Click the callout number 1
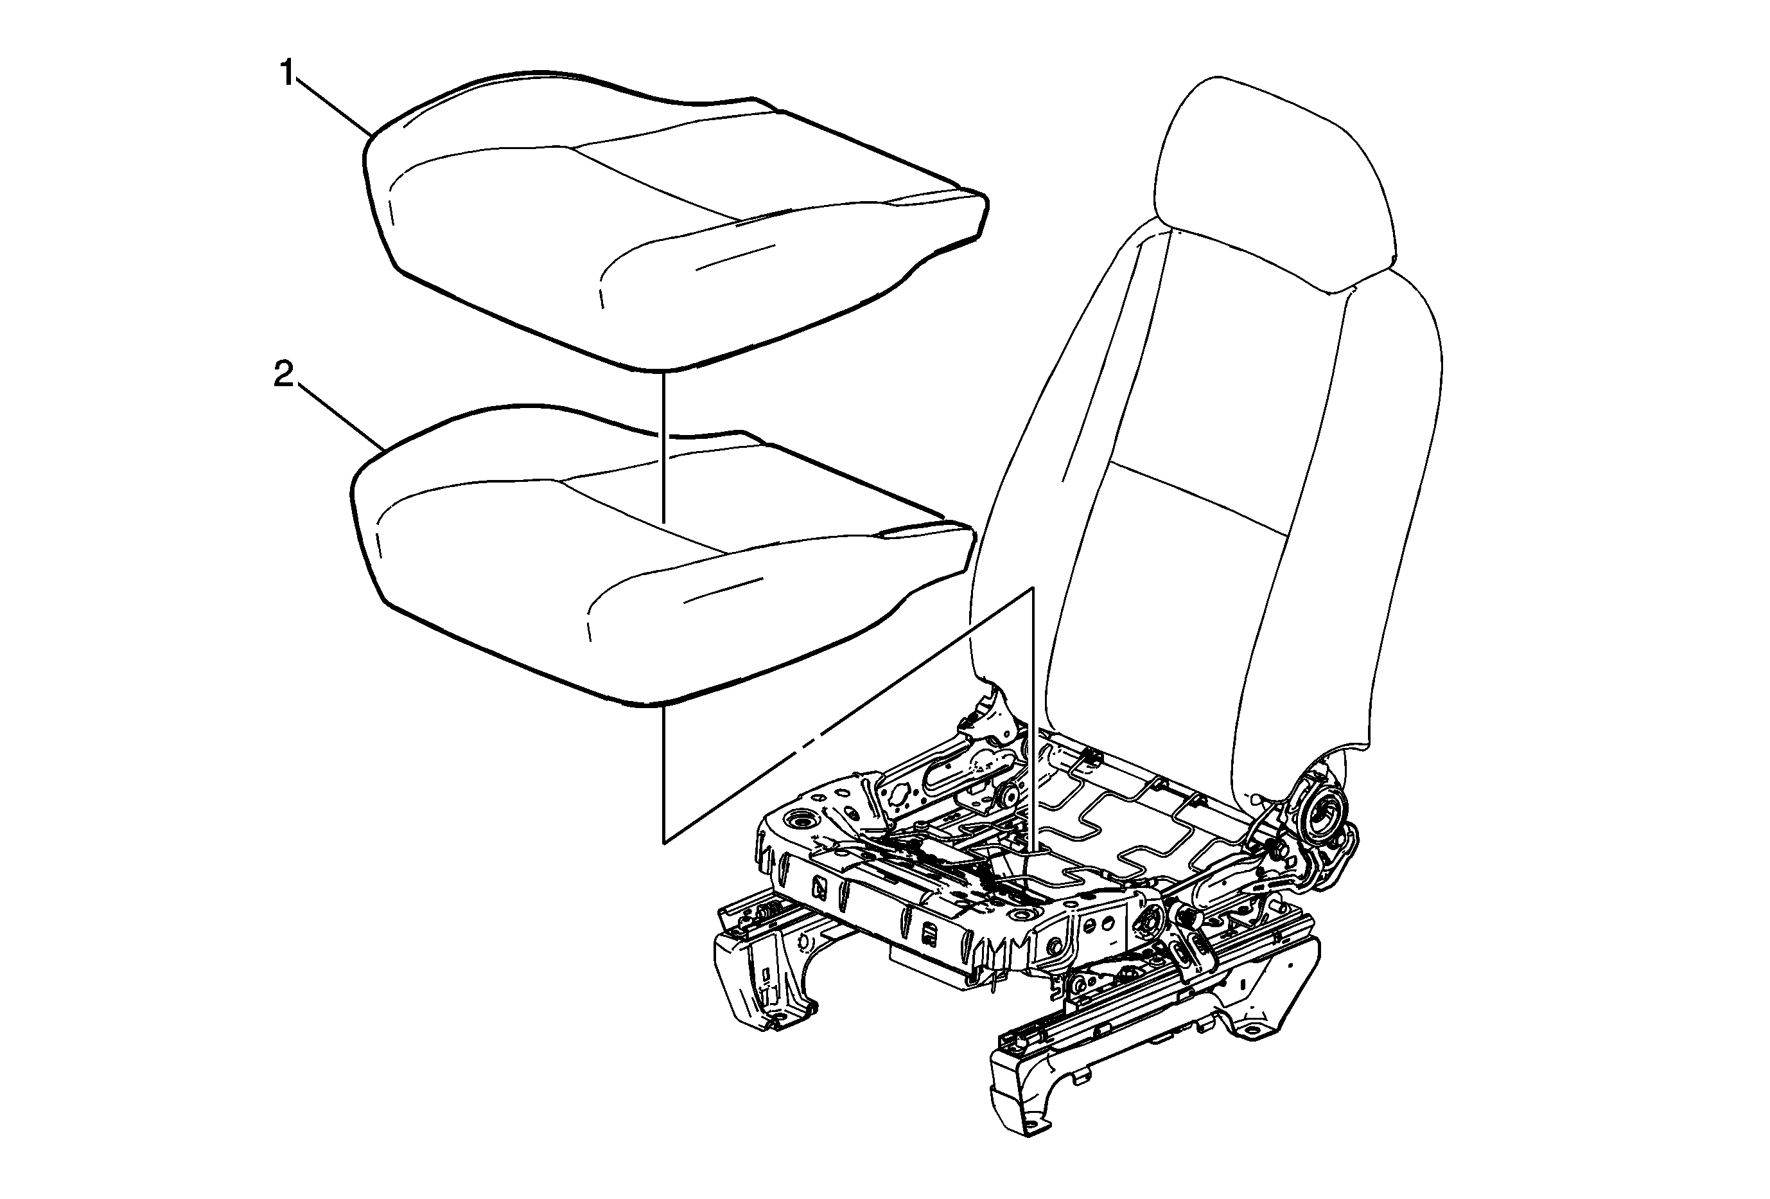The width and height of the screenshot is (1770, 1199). [287, 74]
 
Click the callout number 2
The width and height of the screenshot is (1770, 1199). [283, 373]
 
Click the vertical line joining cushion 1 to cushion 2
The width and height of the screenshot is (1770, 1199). [665, 448]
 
